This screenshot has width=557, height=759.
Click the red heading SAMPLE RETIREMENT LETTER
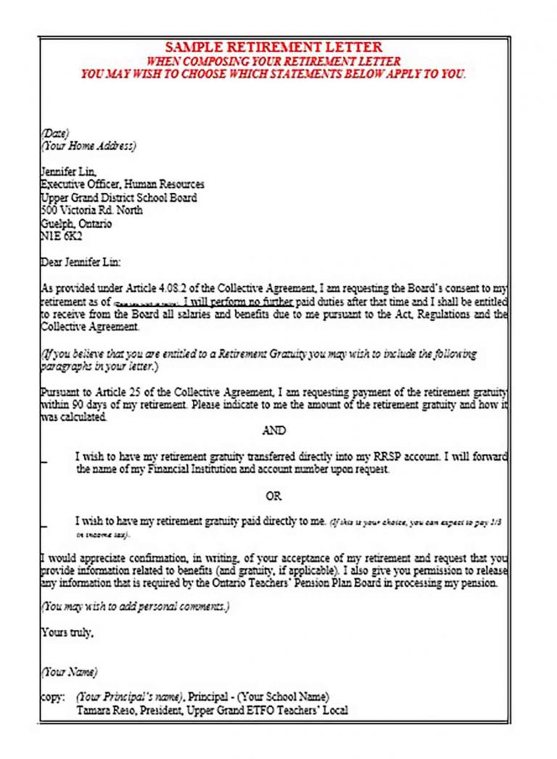[274, 47]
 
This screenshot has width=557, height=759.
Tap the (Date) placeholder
[54, 133]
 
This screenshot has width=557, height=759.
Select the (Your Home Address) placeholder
[88, 145]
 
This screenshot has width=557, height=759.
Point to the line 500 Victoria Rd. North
[91, 210]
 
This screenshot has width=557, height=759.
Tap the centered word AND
[273, 430]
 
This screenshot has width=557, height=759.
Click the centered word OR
[273, 497]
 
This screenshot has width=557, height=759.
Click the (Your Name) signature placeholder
[69, 672]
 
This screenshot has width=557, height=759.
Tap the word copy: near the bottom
[53, 697]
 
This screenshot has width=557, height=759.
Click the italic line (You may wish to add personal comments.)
[135, 607]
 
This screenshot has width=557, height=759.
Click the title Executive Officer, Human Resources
[122, 184]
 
